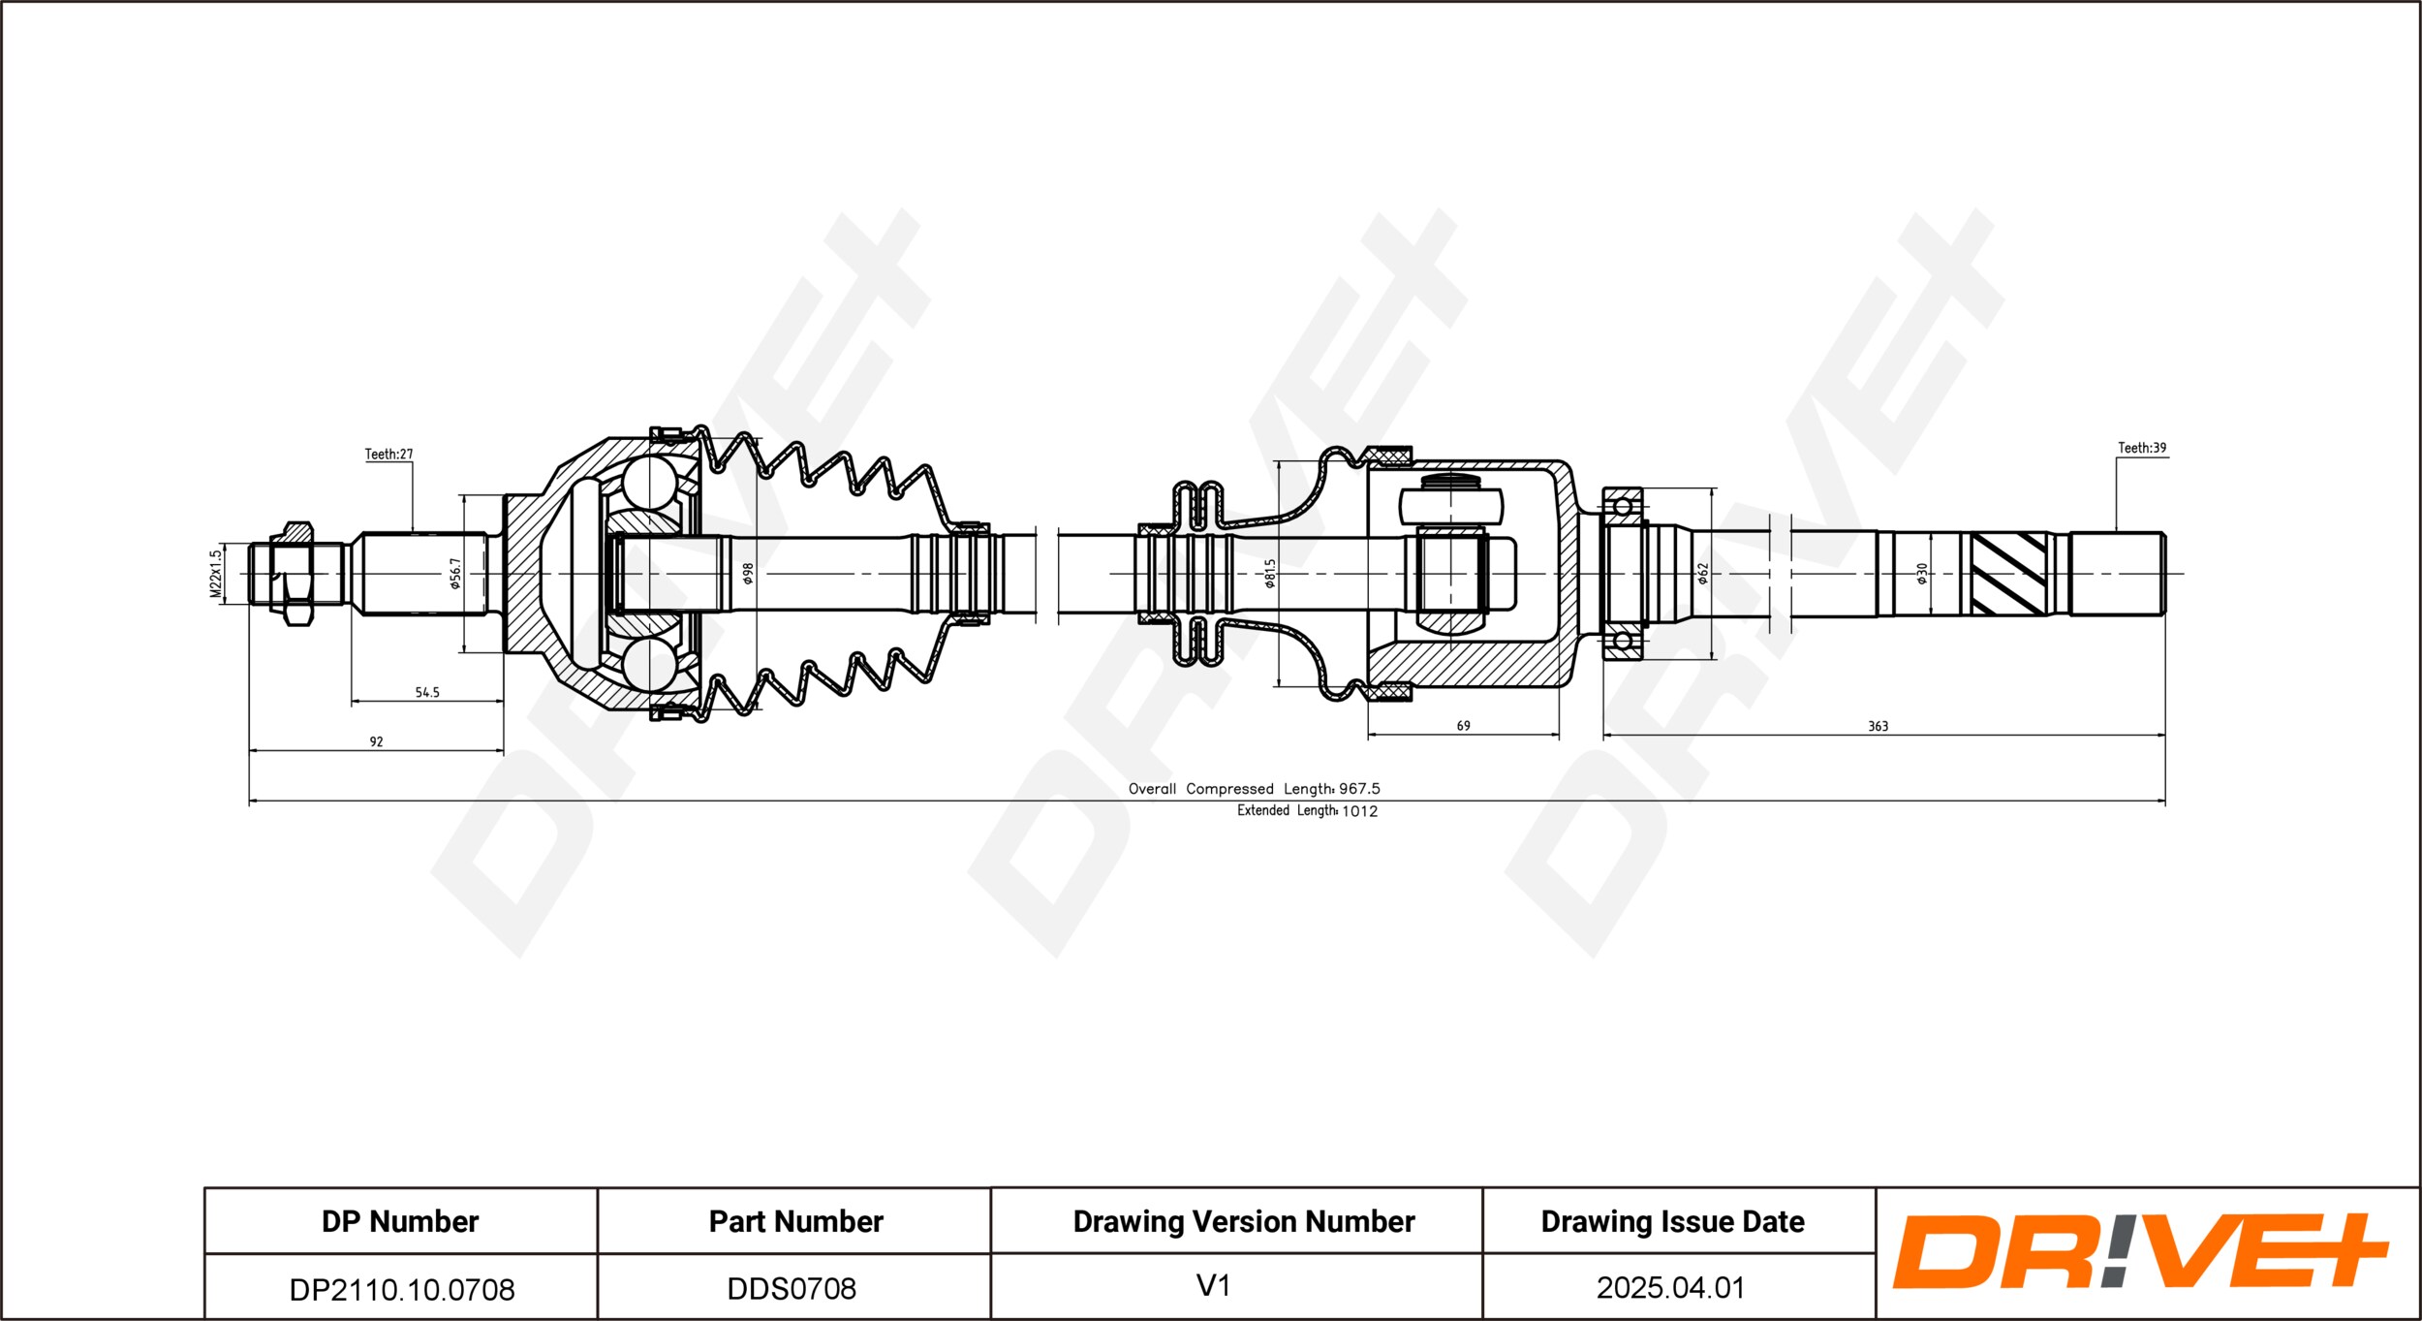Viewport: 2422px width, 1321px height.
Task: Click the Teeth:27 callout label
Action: tap(388, 454)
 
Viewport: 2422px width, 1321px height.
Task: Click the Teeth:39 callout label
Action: tap(2142, 448)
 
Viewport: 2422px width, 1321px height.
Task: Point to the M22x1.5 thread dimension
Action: tap(216, 574)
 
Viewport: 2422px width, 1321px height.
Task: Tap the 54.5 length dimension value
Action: tap(427, 692)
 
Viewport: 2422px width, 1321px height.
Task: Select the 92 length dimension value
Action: tap(376, 741)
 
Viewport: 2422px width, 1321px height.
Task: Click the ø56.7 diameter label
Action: tap(455, 574)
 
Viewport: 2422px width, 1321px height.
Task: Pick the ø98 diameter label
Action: tap(748, 574)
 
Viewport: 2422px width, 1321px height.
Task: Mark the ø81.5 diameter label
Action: tap(1270, 574)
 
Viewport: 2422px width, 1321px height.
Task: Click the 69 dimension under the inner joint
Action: tap(1463, 726)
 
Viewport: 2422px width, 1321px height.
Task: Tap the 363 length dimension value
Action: tap(1878, 726)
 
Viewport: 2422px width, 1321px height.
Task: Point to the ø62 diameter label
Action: tap(1702, 574)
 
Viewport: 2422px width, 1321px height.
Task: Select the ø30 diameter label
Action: tap(1922, 574)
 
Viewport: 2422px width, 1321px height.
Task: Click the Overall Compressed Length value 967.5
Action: tap(1359, 789)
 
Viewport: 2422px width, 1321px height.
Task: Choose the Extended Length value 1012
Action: tap(1359, 811)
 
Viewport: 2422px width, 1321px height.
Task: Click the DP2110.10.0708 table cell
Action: tap(401, 1289)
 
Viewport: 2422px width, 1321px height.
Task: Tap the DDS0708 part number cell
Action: tap(792, 1288)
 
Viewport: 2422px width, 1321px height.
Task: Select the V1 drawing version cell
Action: tap(1213, 1285)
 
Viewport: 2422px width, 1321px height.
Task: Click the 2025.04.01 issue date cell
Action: tap(1671, 1287)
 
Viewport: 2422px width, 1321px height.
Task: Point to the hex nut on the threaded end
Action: tap(297, 574)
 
